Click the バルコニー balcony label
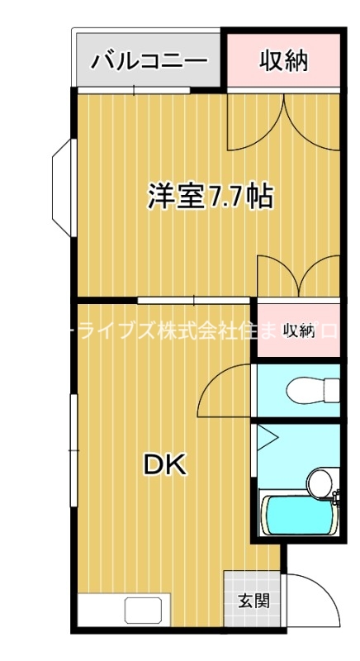tap(149, 61)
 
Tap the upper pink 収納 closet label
tap(283, 60)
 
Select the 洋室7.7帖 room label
tap(210, 196)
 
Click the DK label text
tap(166, 464)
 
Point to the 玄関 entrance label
tap(253, 601)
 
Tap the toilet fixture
tap(313, 388)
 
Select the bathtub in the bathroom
tap(298, 513)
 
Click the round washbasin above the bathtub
tap(319, 480)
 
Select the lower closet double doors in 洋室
tap(298, 274)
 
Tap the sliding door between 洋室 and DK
tap(194, 298)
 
